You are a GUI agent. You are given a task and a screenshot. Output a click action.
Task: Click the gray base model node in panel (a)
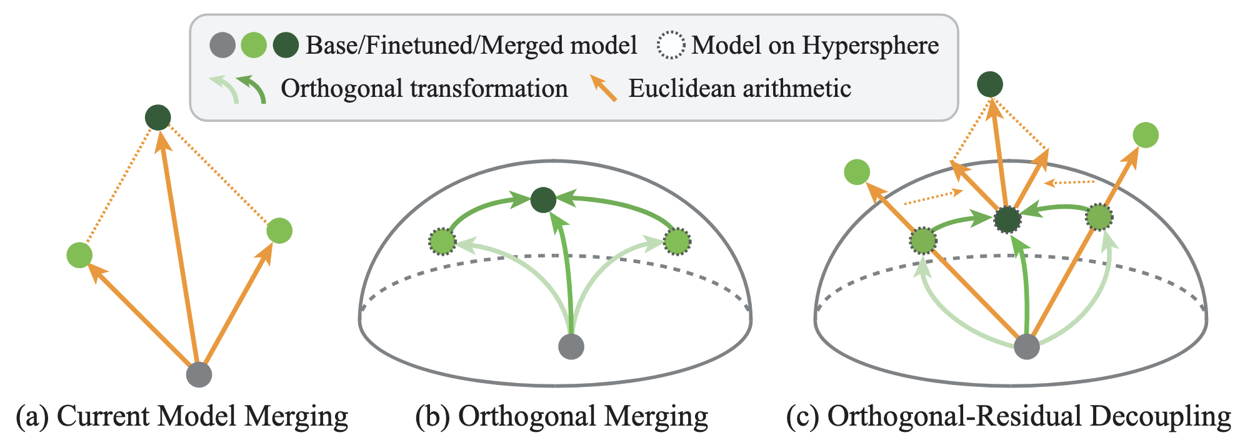pyautogui.click(x=199, y=374)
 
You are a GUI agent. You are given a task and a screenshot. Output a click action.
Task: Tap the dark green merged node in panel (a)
pyautogui.click(x=157, y=117)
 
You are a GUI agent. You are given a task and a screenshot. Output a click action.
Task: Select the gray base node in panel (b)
pyautogui.click(x=571, y=346)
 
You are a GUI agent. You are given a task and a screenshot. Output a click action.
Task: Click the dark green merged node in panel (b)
pyautogui.click(x=543, y=200)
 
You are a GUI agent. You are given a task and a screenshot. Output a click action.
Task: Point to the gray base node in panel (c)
pyautogui.click(x=1026, y=346)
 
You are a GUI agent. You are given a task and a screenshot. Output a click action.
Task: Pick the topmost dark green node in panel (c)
pyautogui.click(x=989, y=84)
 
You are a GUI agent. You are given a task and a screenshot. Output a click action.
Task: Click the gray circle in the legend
pyautogui.click(x=222, y=46)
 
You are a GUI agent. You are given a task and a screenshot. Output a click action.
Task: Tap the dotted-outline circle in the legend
pyautogui.click(x=671, y=46)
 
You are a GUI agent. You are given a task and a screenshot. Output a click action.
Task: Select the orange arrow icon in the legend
pyautogui.click(x=604, y=89)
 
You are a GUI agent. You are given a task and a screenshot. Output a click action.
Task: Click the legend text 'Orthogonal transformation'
pyautogui.click(x=424, y=88)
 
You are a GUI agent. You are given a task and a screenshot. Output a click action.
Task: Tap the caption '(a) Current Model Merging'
pyautogui.click(x=182, y=416)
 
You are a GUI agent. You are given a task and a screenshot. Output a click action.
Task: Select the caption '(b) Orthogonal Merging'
pyautogui.click(x=561, y=416)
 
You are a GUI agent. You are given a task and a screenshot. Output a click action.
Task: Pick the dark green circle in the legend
pyautogui.click(x=286, y=46)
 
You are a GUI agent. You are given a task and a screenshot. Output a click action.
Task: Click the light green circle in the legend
pyautogui.click(x=254, y=46)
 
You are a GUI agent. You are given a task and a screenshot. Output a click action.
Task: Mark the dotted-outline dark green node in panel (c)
pyautogui.click(x=1007, y=220)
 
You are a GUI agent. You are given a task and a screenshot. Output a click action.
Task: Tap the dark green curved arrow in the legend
pyautogui.click(x=252, y=89)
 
